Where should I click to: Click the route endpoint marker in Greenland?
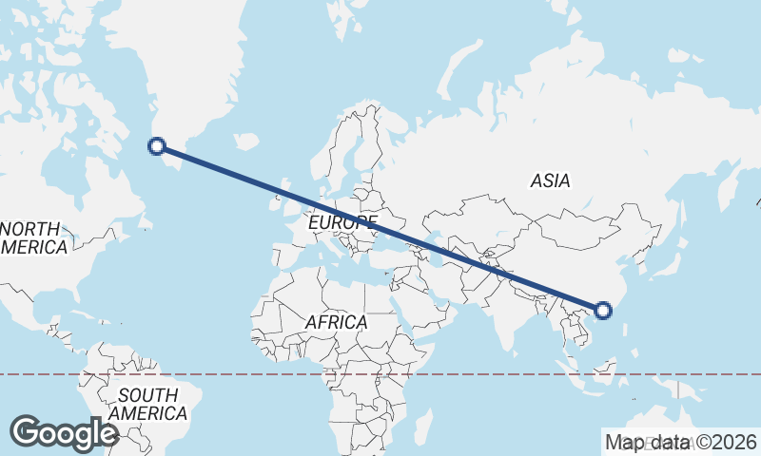pyautogui.click(x=157, y=145)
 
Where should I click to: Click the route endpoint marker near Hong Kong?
pyautogui.click(x=602, y=310)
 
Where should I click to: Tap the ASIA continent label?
pyautogui.click(x=550, y=180)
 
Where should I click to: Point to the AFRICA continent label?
pyautogui.click(x=336, y=323)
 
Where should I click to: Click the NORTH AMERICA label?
pyautogui.click(x=32, y=238)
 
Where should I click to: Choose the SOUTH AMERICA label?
pyautogui.click(x=147, y=405)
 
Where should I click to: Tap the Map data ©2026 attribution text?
pyautogui.click(x=680, y=442)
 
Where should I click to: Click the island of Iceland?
pyautogui.click(x=245, y=142)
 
